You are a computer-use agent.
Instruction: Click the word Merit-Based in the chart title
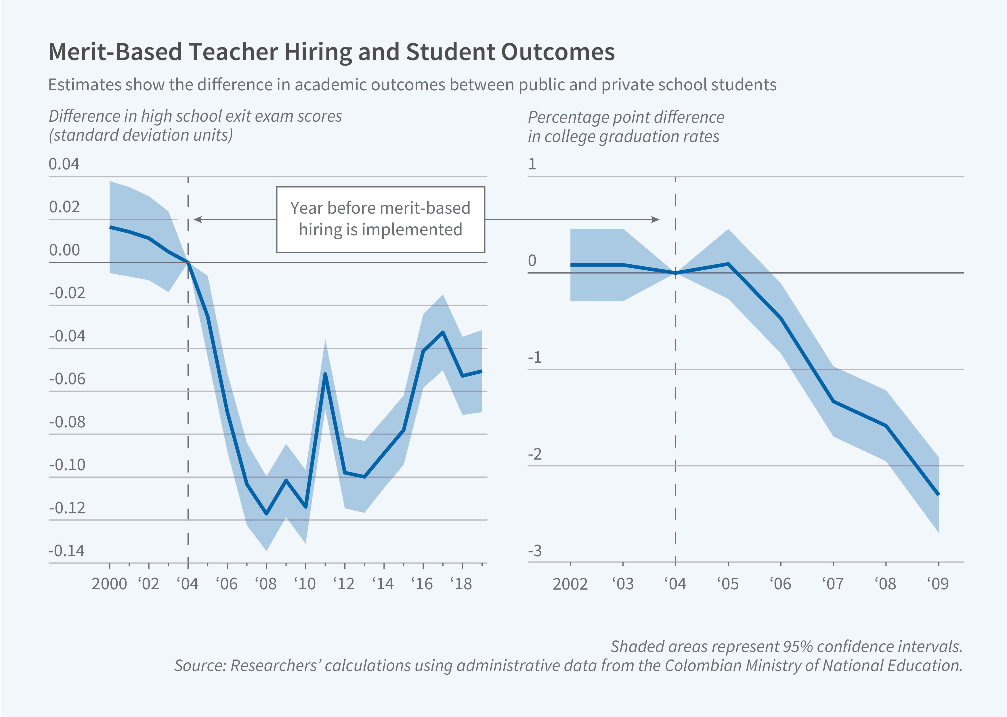coord(115,52)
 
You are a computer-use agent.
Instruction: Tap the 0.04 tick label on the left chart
coord(64,164)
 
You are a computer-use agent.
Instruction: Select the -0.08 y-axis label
coord(67,422)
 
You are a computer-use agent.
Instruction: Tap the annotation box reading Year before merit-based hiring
coord(381,219)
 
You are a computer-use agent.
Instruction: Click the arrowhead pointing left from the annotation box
coord(197,219)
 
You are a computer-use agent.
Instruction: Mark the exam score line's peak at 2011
coord(325,374)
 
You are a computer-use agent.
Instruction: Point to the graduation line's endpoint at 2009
coord(938,494)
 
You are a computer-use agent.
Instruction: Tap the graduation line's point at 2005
coord(728,264)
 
